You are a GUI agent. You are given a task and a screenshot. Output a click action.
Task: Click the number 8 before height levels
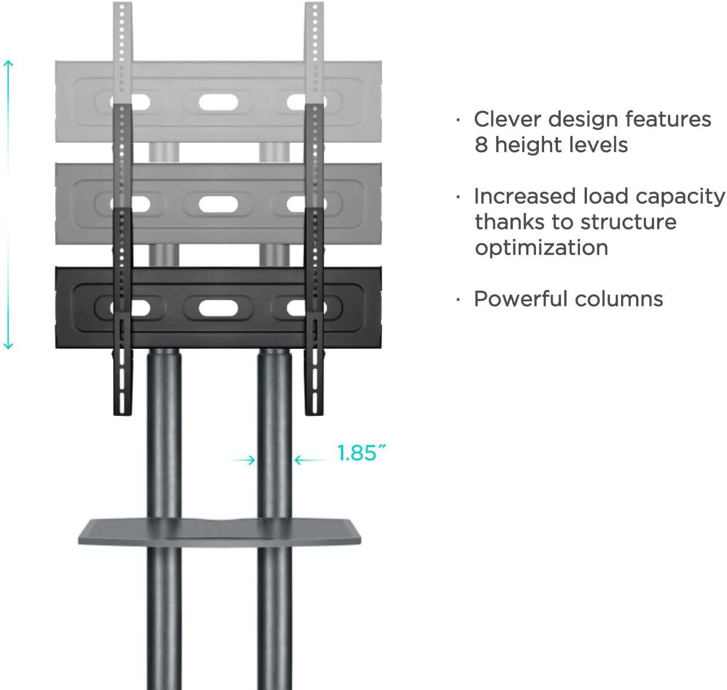click(482, 145)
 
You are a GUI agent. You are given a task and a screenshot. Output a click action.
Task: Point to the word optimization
click(541, 248)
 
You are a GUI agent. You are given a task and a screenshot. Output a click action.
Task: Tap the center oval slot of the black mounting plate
click(218, 308)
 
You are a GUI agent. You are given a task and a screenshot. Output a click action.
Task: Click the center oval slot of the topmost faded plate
click(218, 103)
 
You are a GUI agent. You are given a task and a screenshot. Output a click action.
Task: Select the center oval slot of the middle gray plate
click(218, 204)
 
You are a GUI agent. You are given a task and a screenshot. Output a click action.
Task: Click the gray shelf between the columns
click(219, 532)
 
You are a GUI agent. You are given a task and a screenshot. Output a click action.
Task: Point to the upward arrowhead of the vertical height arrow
click(8, 62)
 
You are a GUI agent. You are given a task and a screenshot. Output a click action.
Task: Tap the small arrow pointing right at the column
click(250, 460)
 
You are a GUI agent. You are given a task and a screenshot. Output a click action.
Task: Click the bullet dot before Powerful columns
click(458, 300)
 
